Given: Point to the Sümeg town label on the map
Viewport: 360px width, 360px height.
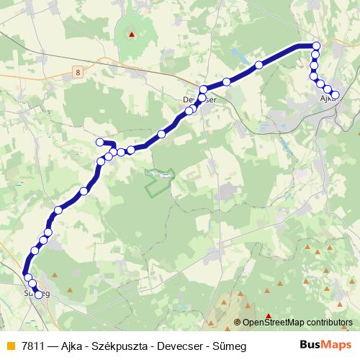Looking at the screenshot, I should click(37, 294).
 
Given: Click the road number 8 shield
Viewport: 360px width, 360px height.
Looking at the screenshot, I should click(77, 70).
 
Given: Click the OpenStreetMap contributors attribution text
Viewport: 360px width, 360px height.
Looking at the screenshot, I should click(297, 323).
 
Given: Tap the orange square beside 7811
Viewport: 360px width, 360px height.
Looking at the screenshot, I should click(10, 346).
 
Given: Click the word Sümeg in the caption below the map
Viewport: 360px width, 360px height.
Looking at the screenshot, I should click(230, 346).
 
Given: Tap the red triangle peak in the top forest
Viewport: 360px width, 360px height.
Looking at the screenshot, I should click(131, 33).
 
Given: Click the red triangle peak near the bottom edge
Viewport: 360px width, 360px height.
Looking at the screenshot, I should click(269, 316).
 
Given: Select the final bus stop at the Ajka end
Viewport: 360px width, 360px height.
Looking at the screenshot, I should click(335, 95).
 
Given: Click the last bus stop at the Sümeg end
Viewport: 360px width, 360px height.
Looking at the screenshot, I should click(38, 294).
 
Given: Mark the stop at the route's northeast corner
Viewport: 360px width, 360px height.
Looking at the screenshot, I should click(315, 46).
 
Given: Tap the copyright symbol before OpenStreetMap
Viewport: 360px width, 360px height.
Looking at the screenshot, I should click(238, 323).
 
